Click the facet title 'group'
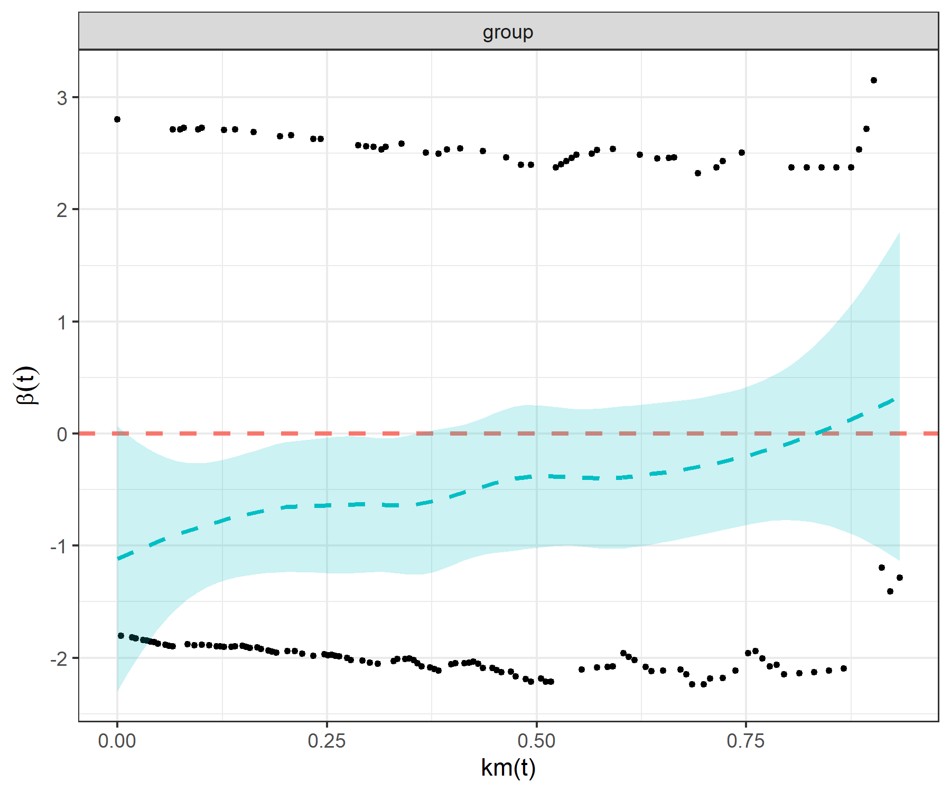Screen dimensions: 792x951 coord(508,32)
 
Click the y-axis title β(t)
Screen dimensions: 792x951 coord(27,385)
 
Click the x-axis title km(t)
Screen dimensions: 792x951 coord(508,767)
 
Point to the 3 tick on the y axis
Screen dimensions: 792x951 coord(62,98)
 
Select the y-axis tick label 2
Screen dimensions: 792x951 coord(62,210)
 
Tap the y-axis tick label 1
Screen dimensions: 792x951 coord(62,322)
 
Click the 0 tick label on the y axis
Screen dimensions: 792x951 coord(62,434)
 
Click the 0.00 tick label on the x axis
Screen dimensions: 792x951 coord(117,741)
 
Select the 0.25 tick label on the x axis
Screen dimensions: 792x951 coord(327,741)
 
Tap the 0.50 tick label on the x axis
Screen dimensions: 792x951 coord(536,741)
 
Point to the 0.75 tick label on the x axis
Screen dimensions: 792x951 coord(745,741)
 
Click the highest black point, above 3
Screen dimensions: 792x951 coord(874,80)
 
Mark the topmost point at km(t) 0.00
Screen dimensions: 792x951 coord(117,119)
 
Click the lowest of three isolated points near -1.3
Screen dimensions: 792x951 coord(890,591)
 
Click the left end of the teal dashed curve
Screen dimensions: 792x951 coord(118,558)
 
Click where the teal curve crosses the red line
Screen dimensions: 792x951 coord(817,433)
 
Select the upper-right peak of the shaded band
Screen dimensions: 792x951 coord(899,232)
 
